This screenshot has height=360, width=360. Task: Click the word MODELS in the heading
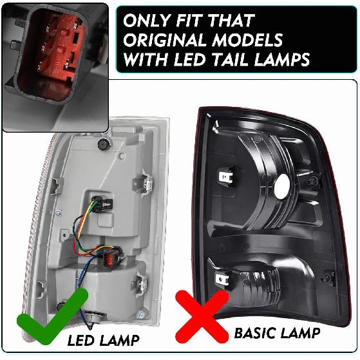point(252,40)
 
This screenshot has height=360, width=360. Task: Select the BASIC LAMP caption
point(277,333)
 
